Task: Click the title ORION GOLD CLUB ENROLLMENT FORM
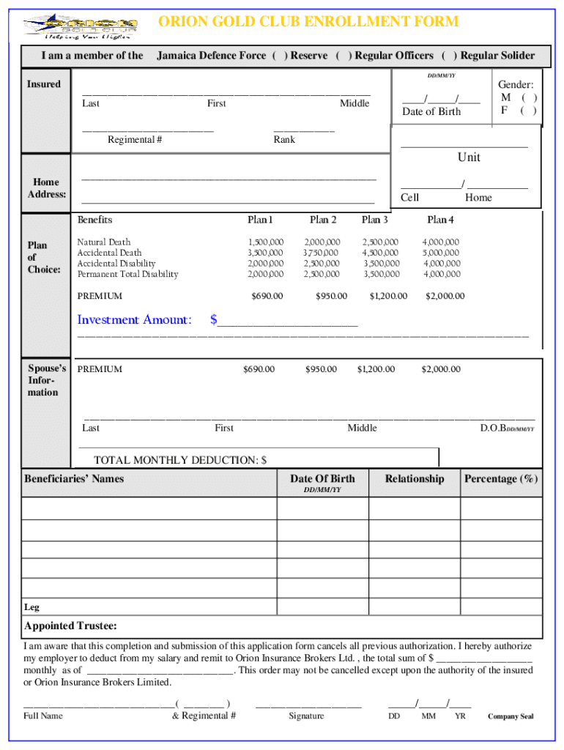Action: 308,21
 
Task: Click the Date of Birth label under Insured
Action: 431,111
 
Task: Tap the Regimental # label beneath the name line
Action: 135,140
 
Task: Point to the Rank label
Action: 284,140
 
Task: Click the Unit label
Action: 469,157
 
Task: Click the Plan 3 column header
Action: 375,220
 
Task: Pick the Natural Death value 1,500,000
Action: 265,242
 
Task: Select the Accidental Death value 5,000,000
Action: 441,253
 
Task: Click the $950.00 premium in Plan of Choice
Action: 331,297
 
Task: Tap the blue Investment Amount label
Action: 135,319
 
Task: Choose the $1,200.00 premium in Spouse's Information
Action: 376,369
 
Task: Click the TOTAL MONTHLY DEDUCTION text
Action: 180,460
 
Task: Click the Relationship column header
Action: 415,479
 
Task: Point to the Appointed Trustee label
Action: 70,626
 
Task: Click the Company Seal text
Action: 511,716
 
